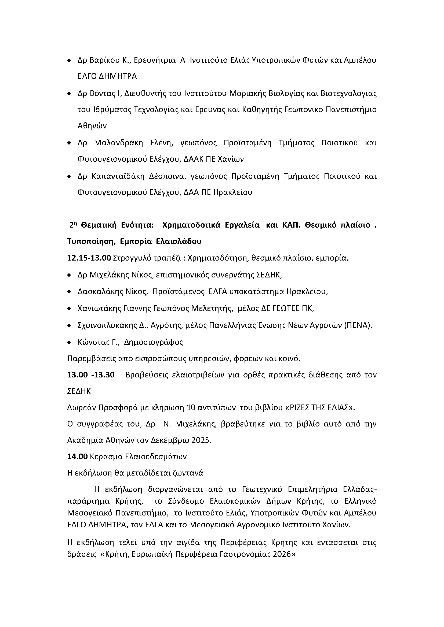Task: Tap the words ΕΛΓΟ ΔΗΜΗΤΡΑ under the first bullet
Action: click(107, 76)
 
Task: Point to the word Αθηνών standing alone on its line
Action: click(92, 126)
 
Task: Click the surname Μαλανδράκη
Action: click(118, 143)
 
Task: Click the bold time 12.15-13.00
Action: click(89, 258)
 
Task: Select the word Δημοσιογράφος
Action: click(153, 342)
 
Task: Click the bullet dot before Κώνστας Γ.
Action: click(69, 342)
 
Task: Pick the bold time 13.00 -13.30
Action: click(91, 375)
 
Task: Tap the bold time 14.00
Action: click(77, 457)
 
